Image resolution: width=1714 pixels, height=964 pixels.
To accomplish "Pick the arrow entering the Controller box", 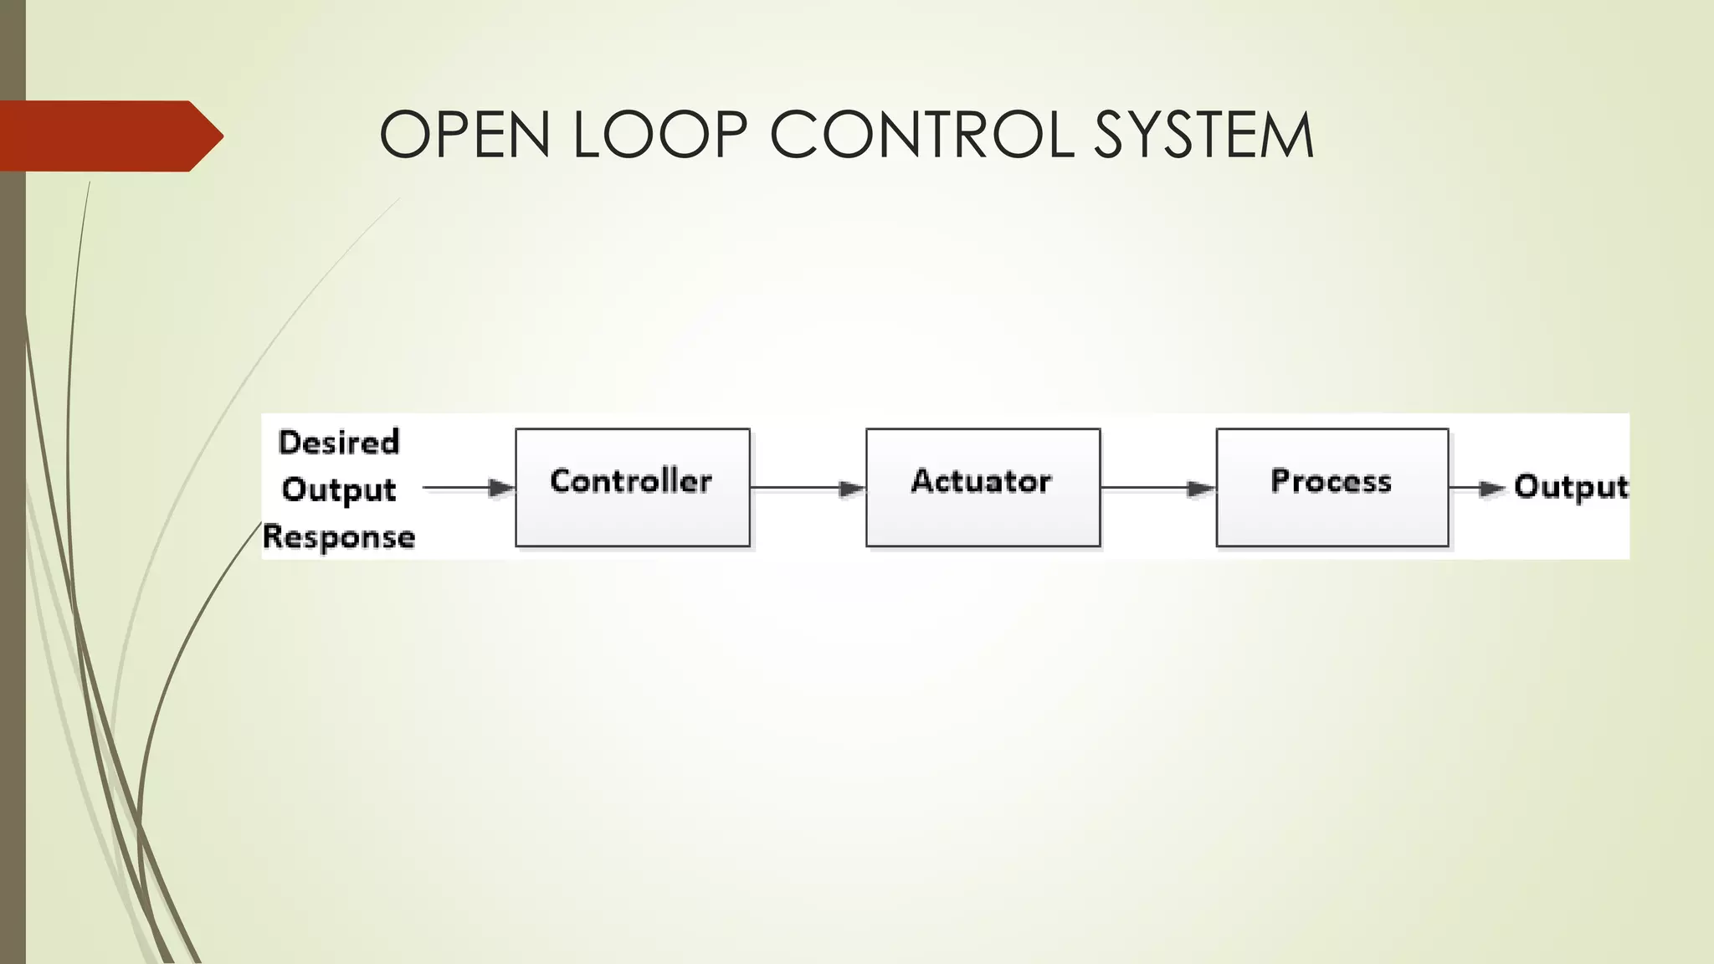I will (469, 488).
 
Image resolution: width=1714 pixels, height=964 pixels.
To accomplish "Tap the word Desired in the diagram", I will (339, 442).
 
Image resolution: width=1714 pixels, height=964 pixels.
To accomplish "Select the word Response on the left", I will (339, 536).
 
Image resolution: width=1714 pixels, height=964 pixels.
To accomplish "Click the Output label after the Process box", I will (1571, 487).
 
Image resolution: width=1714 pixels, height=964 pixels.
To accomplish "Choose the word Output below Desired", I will (339, 490).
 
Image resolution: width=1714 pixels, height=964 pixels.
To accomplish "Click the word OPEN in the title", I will (464, 135).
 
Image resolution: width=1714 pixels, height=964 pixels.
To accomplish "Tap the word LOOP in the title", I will (659, 135).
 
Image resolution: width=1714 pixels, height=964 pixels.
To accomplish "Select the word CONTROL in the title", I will (921, 135).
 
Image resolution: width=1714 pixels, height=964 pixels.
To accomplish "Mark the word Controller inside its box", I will (631, 481).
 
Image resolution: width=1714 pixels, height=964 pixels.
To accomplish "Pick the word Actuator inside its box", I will (981, 481).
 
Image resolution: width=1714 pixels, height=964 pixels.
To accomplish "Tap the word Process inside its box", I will (1331, 481).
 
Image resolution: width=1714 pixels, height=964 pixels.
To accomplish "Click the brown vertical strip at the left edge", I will (13, 586).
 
